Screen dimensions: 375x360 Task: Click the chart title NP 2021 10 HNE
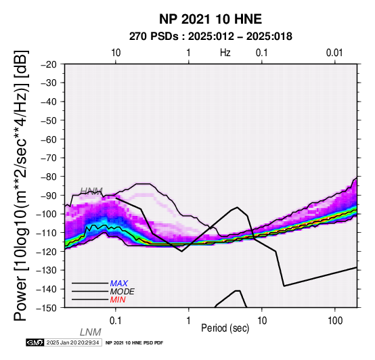point(211,19)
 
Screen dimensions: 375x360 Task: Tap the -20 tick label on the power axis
point(49,64)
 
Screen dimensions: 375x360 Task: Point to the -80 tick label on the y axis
point(49,177)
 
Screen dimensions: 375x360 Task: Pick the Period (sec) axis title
point(225,328)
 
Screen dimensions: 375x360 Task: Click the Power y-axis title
point(20,185)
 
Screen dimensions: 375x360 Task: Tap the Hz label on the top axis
point(225,53)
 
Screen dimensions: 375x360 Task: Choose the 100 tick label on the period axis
point(335,321)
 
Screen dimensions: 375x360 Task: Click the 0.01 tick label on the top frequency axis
point(334,53)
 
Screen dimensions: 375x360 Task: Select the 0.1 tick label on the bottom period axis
point(116,321)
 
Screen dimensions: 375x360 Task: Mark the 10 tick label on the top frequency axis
point(116,53)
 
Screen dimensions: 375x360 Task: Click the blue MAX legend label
point(119,284)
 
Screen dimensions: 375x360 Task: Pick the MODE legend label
point(123,292)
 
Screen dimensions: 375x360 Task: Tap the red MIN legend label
point(118,300)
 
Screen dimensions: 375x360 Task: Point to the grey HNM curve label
point(91,191)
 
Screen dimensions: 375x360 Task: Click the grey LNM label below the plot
point(91,332)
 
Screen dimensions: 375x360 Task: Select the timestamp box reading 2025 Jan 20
point(72,342)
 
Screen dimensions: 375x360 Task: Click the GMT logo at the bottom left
point(35,342)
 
